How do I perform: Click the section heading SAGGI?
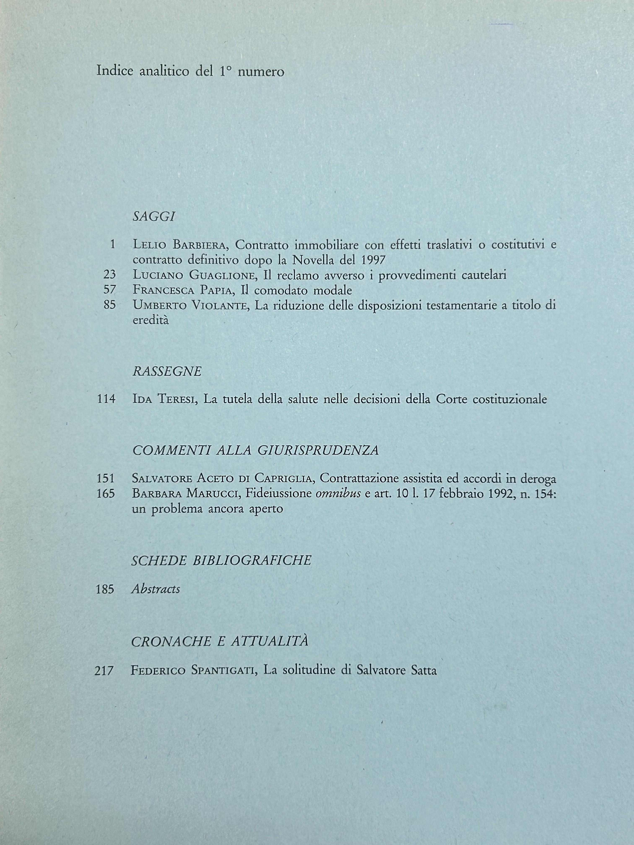tap(154, 217)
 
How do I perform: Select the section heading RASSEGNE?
tap(167, 371)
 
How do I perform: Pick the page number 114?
tap(106, 399)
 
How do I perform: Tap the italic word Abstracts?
tap(156, 589)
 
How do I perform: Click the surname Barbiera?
tap(201, 245)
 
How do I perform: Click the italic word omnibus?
tap(338, 494)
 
